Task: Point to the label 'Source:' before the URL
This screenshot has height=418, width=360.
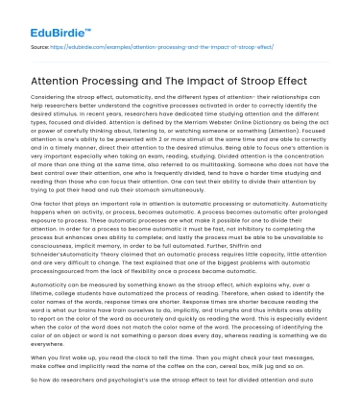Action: click(x=41, y=44)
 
